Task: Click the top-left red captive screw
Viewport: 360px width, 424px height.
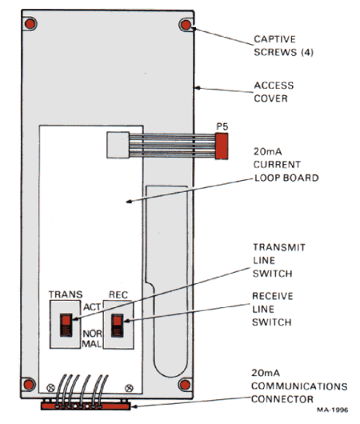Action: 30,24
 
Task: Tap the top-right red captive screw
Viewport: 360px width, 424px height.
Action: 186,25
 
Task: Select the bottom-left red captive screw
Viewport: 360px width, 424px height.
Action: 29,384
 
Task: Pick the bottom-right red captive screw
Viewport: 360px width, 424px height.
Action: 185,385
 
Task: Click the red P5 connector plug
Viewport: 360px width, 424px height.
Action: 222,146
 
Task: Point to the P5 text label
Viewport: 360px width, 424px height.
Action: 222,126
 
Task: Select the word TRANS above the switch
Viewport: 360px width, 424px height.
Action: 66,294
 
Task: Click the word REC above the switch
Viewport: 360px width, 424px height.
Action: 118,294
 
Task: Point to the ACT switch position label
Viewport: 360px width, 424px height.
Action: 92,307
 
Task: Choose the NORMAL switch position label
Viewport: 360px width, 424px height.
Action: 92,339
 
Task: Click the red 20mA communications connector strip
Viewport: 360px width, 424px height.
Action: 86,406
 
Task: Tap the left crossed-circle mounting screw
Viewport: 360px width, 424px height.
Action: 50,388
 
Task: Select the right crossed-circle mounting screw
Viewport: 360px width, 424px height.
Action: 130,388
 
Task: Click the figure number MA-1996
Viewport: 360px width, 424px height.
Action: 333,410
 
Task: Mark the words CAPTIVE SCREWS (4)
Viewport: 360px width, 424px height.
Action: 283,46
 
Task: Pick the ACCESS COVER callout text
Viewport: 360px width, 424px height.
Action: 274,92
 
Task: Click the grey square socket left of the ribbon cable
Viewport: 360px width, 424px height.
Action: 118,145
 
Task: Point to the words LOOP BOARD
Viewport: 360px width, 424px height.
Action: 286,178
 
